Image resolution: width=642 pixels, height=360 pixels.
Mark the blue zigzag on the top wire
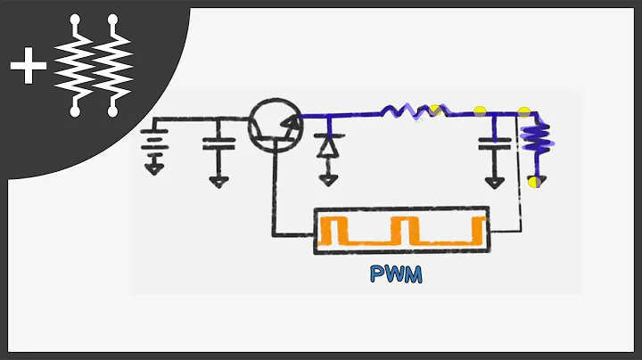click(414, 111)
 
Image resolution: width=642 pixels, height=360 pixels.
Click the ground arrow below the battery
click(155, 168)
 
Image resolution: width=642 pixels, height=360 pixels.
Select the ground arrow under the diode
click(328, 178)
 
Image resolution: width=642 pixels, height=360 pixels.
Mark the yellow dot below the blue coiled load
click(533, 183)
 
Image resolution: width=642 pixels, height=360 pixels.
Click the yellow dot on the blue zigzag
click(435, 110)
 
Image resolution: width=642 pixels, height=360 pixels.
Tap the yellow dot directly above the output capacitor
click(481, 112)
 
